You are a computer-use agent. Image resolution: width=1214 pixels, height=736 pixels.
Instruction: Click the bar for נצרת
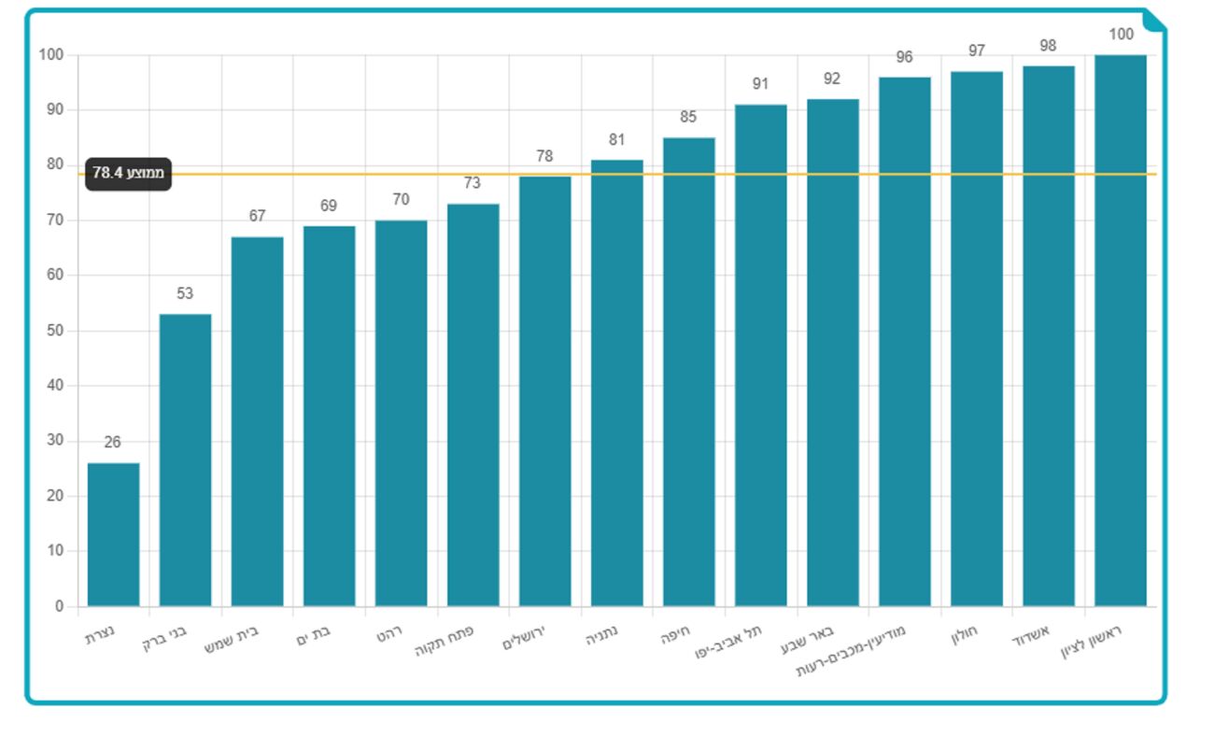click(113, 534)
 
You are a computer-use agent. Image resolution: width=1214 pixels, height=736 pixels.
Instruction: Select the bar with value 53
click(185, 460)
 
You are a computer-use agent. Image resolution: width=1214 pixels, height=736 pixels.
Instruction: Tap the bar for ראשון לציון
click(1121, 331)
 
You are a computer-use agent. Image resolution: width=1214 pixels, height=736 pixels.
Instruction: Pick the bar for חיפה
click(689, 372)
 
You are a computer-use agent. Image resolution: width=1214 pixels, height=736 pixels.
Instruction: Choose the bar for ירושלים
click(545, 390)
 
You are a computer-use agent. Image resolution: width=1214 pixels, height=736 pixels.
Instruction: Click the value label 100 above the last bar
click(1121, 35)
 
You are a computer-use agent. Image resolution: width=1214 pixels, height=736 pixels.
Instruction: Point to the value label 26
click(113, 443)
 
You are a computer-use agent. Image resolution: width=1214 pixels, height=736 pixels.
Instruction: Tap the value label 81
click(616, 140)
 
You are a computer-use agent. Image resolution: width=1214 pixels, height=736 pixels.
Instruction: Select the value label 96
click(904, 57)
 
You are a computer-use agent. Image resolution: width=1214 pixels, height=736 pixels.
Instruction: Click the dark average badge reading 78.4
click(129, 174)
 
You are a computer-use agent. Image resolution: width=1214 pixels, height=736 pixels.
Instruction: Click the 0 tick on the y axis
click(60, 606)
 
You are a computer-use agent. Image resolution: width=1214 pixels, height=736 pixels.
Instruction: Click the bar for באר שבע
click(833, 352)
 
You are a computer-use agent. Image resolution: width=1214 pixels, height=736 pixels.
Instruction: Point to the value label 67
click(257, 217)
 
